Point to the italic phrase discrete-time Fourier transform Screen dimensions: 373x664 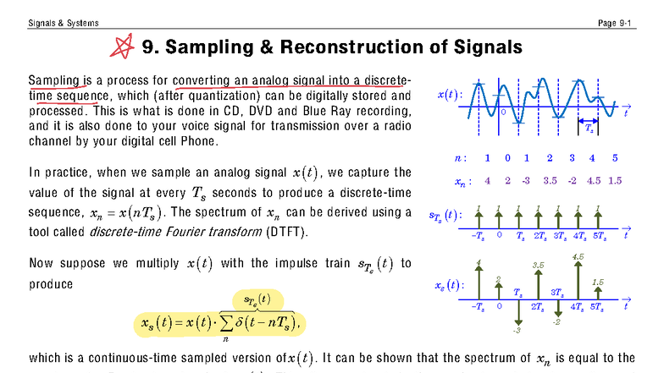[x=165, y=232]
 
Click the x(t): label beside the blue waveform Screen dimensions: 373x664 [x=450, y=95]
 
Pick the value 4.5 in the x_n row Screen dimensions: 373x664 [x=593, y=180]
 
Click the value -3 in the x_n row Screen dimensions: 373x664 [x=525, y=180]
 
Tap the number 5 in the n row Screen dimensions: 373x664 [x=615, y=158]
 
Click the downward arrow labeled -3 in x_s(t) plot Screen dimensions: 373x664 [x=517, y=317]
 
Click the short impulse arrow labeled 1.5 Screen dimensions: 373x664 [x=598, y=291]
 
